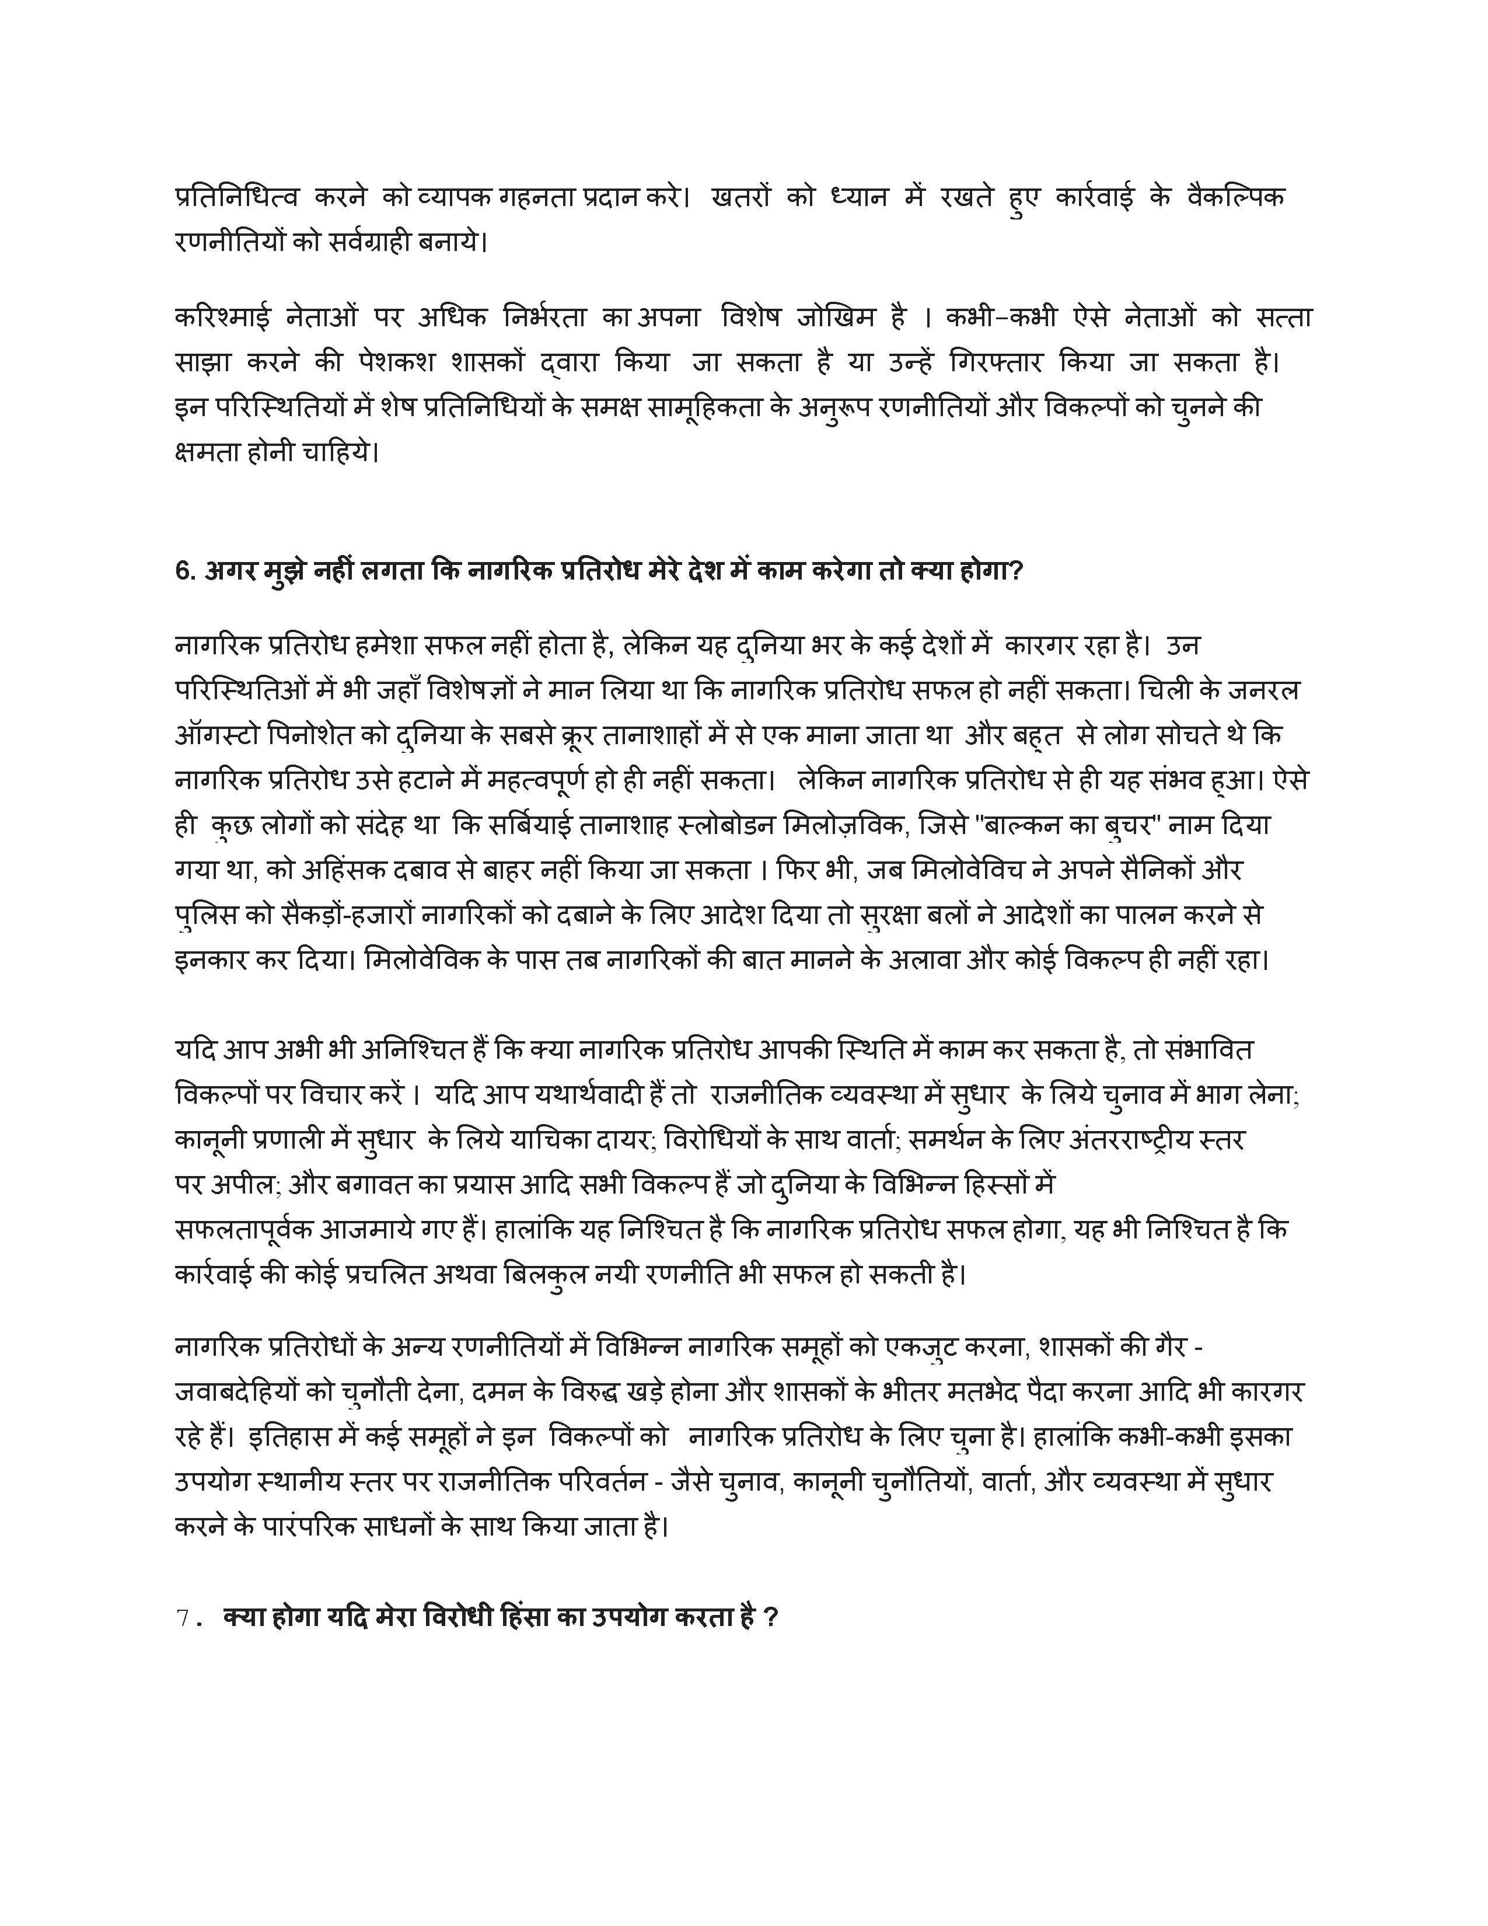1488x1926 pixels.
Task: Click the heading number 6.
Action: (183, 571)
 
